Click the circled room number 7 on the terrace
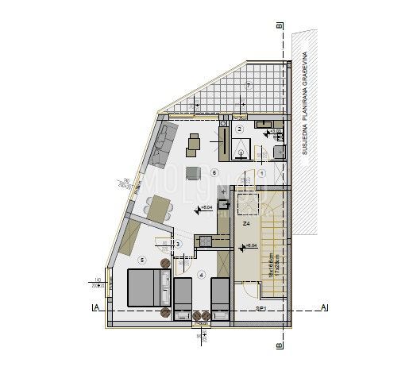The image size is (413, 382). (x=248, y=85)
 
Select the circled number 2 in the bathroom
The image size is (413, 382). (x=239, y=129)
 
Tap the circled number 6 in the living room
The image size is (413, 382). (x=214, y=172)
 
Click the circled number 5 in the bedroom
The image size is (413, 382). (x=141, y=259)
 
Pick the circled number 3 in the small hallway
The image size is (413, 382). (x=179, y=244)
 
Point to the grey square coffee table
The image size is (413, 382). (x=191, y=173)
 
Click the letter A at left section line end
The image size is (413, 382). (x=95, y=307)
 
